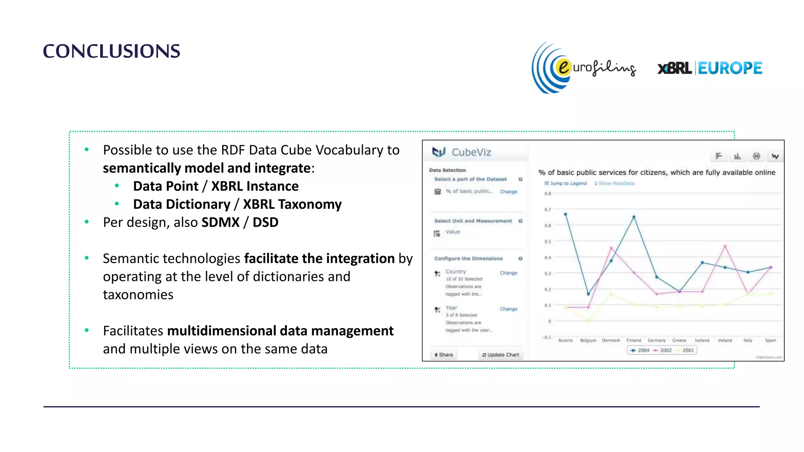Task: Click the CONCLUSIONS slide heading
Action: (111, 51)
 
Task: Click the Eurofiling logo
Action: (584, 68)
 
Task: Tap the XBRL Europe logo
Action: (710, 68)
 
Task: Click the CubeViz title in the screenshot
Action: (471, 152)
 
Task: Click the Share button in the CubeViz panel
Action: (444, 355)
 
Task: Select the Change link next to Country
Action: (508, 273)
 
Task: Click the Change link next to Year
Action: (508, 309)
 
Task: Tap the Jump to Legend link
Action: (568, 183)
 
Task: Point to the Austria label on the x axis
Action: (565, 340)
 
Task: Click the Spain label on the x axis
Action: (770, 340)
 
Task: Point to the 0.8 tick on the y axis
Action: (548, 193)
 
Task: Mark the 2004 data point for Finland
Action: (634, 217)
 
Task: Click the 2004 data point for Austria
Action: (565, 214)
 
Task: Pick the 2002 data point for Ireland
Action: (725, 246)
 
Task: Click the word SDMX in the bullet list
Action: (220, 222)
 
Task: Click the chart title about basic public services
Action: (656, 172)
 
